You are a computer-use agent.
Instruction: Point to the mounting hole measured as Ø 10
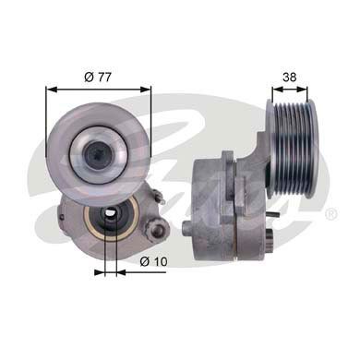click(x=109, y=221)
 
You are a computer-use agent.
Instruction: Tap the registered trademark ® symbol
click(x=330, y=215)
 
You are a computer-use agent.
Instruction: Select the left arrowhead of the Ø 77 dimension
click(x=50, y=90)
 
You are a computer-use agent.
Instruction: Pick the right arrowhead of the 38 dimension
click(x=314, y=90)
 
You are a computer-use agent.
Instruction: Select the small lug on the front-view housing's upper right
click(x=159, y=194)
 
